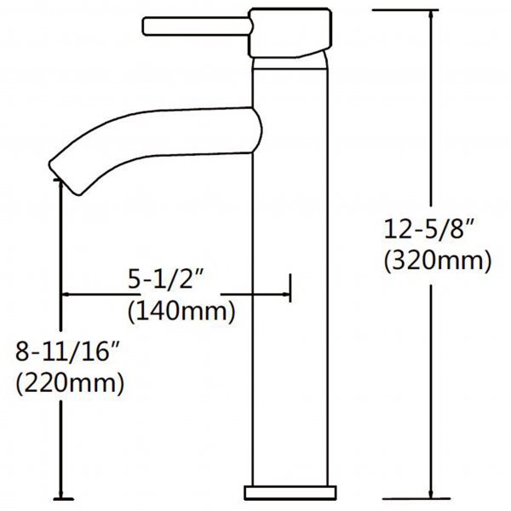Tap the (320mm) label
click(438, 261)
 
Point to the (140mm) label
click(181, 312)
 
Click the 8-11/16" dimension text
click(67, 352)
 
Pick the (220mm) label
click(70, 383)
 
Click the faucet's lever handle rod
click(198, 26)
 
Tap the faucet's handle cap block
click(290, 32)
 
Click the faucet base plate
click(290, 493)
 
